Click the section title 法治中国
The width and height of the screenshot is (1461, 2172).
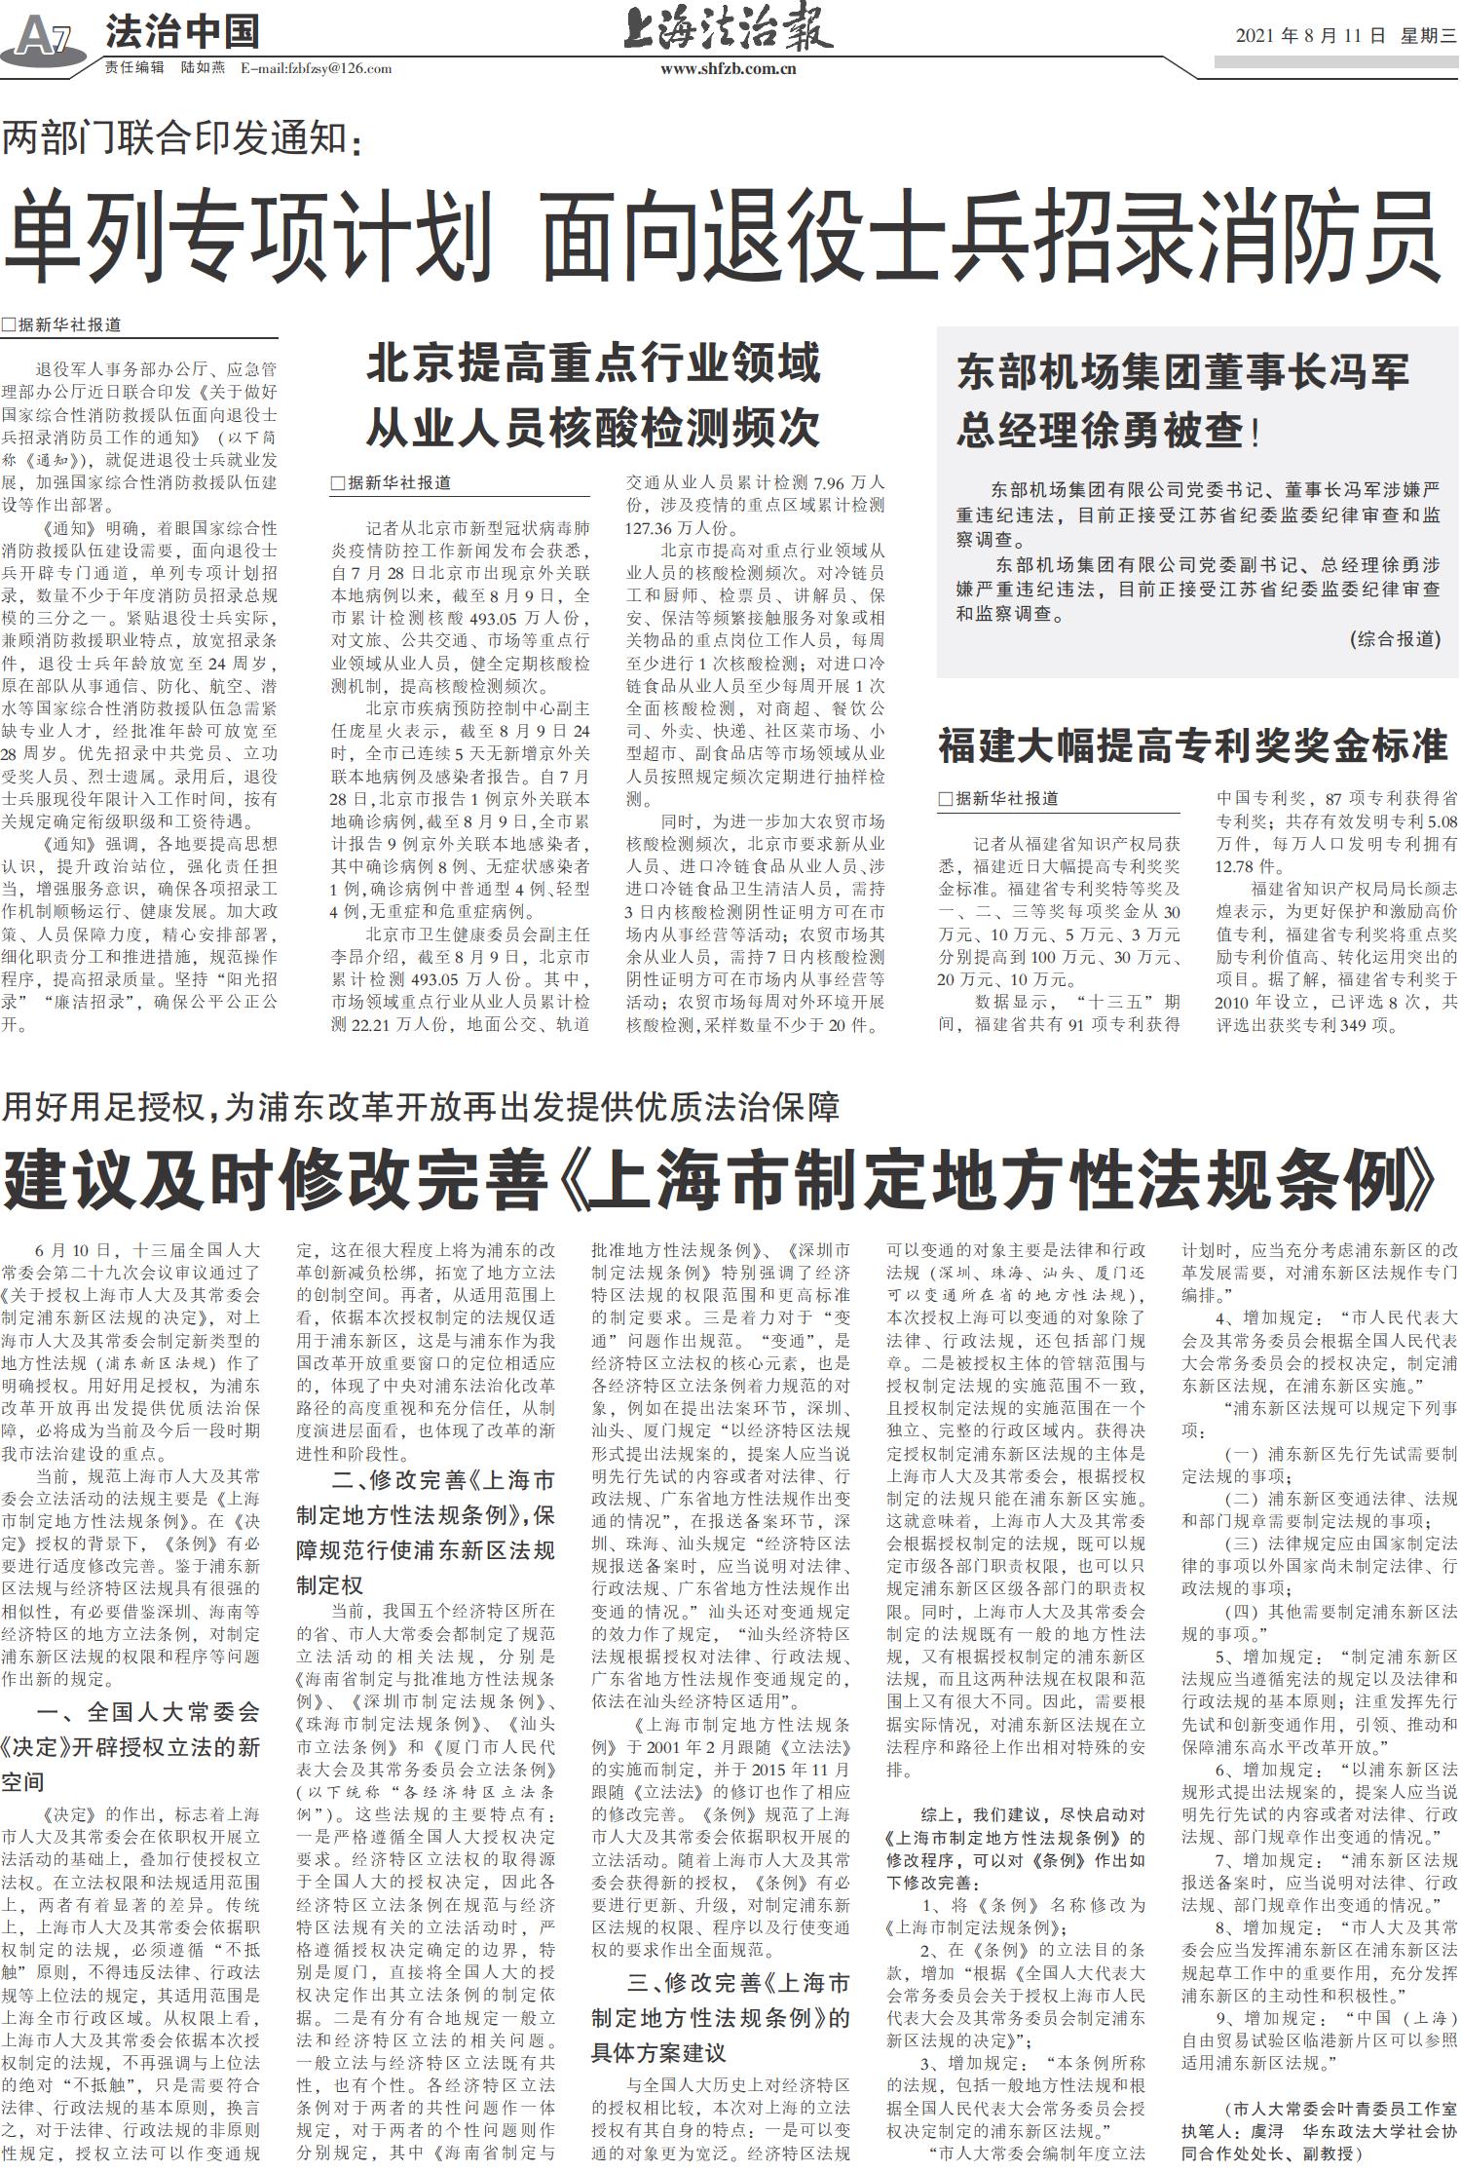[x=182, y=32]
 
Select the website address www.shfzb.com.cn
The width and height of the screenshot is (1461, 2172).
[x=728, y=69]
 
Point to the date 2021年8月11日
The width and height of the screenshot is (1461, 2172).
[x=1310, y=36]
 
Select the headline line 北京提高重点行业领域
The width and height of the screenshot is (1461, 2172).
[x=593, y=364]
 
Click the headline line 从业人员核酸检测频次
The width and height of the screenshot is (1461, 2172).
[x=593, y=427]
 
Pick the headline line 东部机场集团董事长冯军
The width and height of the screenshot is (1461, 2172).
[x=1182, y=372]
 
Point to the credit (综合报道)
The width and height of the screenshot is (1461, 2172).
[x=1395, y=639]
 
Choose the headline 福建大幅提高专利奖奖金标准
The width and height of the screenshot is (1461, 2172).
[x=1192, y=746]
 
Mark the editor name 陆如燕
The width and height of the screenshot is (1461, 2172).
[x=203, y=68]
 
